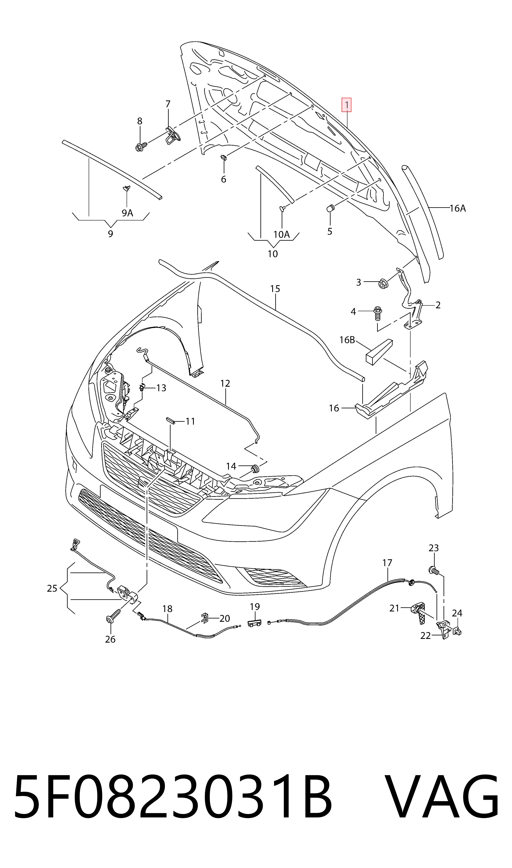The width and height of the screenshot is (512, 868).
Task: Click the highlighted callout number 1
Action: coord(346,105)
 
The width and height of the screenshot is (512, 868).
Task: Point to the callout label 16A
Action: coord(458,208)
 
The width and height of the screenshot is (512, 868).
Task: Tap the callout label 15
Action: coord(275,289)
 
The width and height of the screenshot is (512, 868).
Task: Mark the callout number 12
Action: coord(225,383)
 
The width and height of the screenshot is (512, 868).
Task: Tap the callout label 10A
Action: coord(281,235)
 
